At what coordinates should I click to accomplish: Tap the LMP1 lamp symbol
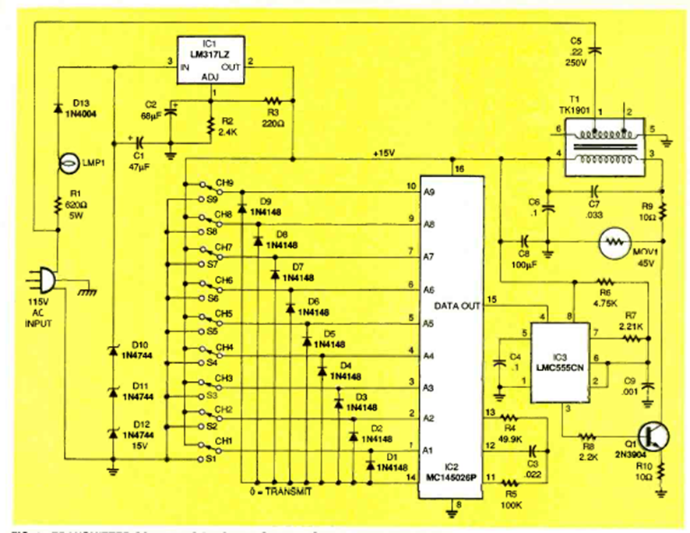pos(68,165)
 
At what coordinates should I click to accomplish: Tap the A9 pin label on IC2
pos(428,192)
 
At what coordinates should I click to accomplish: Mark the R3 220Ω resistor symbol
pos(272,101)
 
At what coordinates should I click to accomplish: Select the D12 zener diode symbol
pos(114,432)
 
